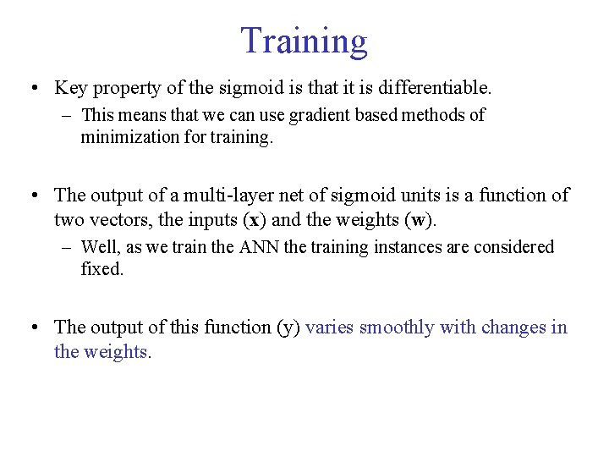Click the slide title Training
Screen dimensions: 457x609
tap(304, 41)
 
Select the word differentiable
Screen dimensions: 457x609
tap(436, 87)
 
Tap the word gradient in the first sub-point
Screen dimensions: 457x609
tap(316, 115)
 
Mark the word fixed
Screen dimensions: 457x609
tap(101, 271)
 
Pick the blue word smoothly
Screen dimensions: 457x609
tap(394, 328)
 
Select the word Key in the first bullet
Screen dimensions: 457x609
tap(71, 87)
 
